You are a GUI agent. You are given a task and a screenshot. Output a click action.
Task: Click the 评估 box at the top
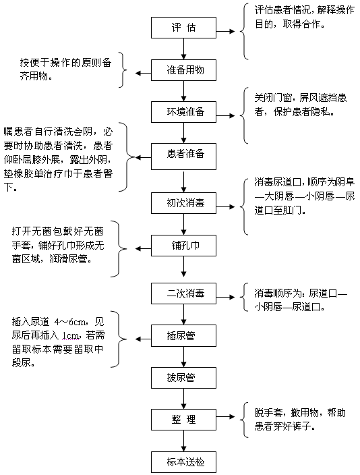tap(183, 28)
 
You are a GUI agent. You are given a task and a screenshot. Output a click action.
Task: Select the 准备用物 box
tap(183, 70)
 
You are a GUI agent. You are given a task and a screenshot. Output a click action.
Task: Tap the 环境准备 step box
tap(183, 112)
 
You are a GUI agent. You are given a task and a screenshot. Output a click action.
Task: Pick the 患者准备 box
tap(183, 157)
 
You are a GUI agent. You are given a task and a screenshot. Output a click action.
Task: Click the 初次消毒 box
tap(183, 202)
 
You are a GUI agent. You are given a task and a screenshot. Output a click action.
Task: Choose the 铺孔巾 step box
tap(183, 246)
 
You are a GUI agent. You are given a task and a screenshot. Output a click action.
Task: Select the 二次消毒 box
tap(183, 294)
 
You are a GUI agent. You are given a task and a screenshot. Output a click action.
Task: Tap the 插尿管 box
tap(183, 335)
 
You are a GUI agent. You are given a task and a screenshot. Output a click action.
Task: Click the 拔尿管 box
tap(183, 377)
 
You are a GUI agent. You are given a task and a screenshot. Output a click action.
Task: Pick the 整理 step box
tap(183, 420)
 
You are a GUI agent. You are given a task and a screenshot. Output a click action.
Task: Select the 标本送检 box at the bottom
tap(183, 462)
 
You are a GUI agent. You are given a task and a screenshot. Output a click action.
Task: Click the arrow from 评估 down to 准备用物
tap(183, 49)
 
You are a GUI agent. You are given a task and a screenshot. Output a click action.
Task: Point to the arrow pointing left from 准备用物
tap(143, 74)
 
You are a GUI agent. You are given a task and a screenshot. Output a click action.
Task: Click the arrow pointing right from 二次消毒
tap(226, 297)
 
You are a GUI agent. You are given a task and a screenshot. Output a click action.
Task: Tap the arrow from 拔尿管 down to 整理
tap(183, 399)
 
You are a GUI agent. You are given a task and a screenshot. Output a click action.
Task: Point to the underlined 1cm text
tap(71, 335)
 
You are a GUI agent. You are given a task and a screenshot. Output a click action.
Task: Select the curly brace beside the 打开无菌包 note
tap(120, 249)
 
